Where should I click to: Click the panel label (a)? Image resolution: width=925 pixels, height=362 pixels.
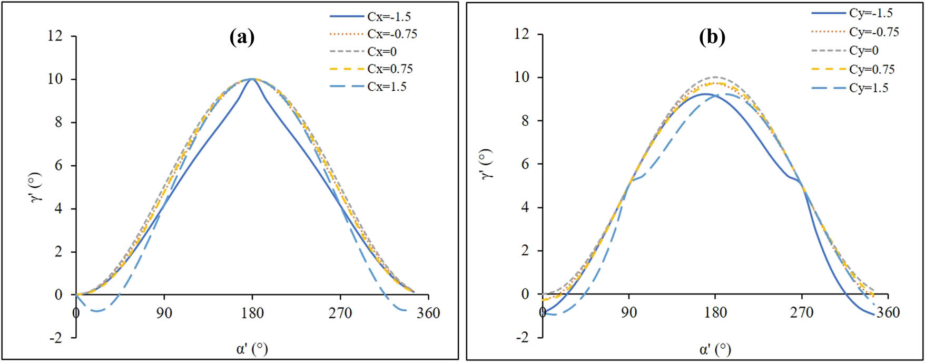pyautogui.click(x=242, y=37)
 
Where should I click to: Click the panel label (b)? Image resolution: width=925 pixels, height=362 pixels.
pyautogui.click(x=712, y=37)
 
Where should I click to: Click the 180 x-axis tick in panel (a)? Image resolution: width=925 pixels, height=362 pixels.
pyautogui.click(x=252, y=313)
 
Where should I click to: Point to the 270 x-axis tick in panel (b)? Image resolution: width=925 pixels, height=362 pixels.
pyautogui.click(x=802, y=312)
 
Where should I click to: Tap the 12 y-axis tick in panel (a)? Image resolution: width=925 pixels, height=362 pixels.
pyautogui.click(x=55, y=36)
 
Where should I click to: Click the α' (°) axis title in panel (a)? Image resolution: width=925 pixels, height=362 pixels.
pyautogui.click(x=252, y=349)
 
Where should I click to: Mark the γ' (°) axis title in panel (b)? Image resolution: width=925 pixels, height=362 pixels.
pyautogui.click(x=488, y=164)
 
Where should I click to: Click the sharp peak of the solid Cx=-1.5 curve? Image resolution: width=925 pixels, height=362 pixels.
pyautogui.click(x=252, y=79)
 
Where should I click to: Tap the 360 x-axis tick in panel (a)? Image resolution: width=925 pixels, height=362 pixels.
pyautogui.click(x=428, y=313)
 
